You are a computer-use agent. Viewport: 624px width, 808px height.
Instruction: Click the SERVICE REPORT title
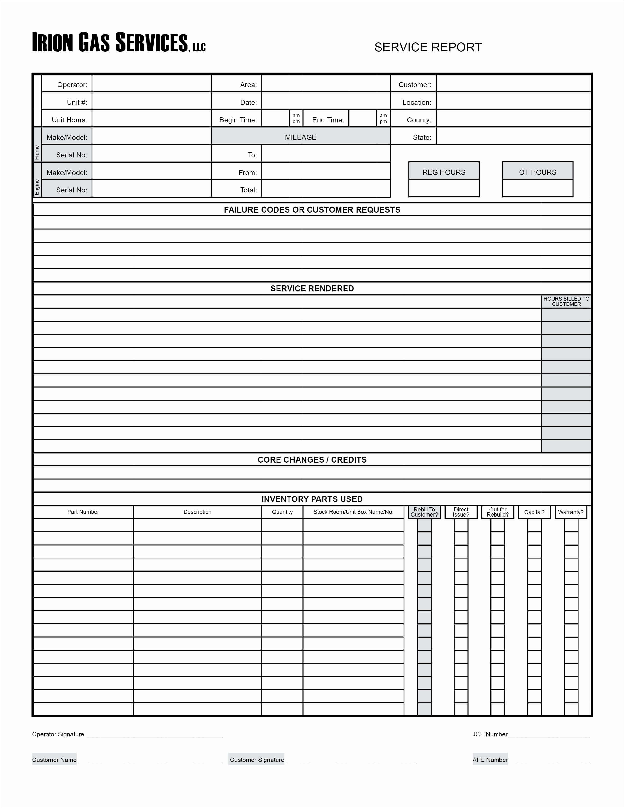tap(428, 47)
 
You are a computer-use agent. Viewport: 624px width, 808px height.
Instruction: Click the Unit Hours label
tap(69, 120)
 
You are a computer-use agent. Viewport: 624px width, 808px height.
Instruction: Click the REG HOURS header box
tap(444, 172)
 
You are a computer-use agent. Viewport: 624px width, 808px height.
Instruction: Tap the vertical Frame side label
tap(37, 153)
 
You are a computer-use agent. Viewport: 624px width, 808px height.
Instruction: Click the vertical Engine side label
tap(37, 187)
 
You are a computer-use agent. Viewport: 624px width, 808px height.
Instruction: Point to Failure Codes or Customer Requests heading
tap(312, 210)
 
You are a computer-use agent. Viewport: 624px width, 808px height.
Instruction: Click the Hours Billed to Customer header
tap(566, 301)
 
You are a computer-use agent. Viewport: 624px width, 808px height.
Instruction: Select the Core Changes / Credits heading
tap(312, 460)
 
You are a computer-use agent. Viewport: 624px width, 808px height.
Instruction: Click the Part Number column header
tap(83, 512)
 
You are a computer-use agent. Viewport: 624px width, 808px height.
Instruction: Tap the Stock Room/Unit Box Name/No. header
tap(353, 512)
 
